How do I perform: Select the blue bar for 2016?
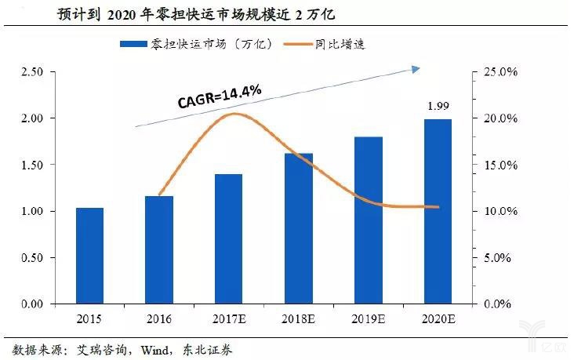pos(159,250)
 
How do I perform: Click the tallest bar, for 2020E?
pos(438,212)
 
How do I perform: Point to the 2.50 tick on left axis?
pos(31,72)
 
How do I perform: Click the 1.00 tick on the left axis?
pos(31,212)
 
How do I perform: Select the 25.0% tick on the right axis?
pos(498,72)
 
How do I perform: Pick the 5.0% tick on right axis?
pos(498,258)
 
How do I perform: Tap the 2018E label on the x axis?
pos(299,320)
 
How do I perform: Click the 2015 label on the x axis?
pos(89,320)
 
